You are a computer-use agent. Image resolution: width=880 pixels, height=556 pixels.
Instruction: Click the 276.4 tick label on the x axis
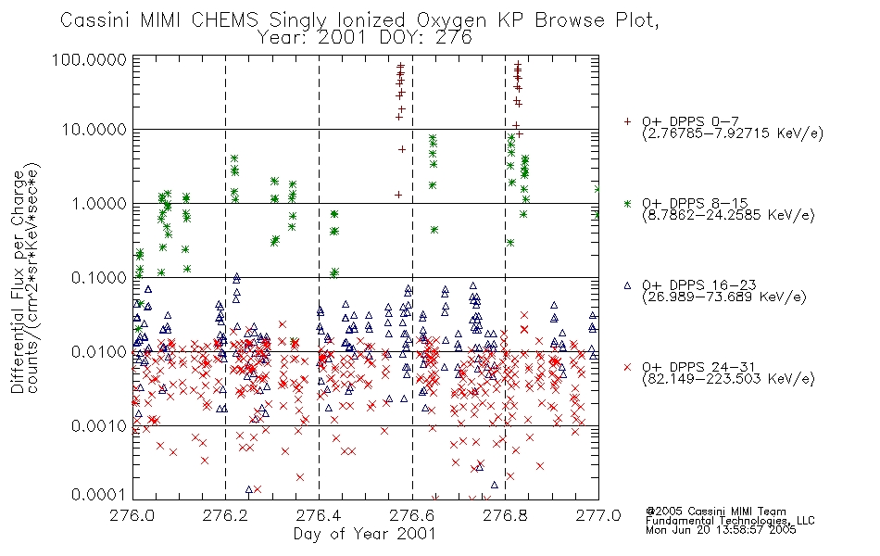point(319,514)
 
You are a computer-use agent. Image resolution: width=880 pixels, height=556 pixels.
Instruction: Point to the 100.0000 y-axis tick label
point(90,59)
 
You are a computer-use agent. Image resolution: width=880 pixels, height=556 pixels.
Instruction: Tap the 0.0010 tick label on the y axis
point(99,426)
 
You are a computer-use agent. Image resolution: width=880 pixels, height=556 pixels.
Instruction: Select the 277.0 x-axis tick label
point(598,514)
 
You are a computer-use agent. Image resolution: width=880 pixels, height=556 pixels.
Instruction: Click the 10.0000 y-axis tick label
point(94,130)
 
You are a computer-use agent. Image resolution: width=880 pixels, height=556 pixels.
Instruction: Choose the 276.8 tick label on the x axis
point(505,514)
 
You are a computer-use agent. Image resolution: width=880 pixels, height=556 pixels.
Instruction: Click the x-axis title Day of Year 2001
point(365,533)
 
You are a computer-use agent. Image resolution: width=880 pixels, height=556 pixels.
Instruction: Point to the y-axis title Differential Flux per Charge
point(18,282)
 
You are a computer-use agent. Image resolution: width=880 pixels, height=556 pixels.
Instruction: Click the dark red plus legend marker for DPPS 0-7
point(627,121)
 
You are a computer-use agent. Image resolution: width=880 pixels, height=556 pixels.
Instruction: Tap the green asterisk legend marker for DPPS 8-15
point(627,203)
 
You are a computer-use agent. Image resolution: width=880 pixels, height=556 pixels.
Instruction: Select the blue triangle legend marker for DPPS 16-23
point(627,285)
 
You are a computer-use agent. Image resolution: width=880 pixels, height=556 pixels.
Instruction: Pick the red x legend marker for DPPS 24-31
point(627,367)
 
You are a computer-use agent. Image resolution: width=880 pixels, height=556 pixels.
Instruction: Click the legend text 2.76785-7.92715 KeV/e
point(733,133)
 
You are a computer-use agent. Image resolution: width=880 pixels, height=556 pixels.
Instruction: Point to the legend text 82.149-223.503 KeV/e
point(728,379)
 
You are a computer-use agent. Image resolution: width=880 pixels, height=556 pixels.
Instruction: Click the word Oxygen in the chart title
point(451,20)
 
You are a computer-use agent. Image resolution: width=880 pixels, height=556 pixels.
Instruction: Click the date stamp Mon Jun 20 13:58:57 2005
point(721,530)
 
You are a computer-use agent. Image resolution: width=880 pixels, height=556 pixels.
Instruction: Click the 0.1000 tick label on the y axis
point(99,278)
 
